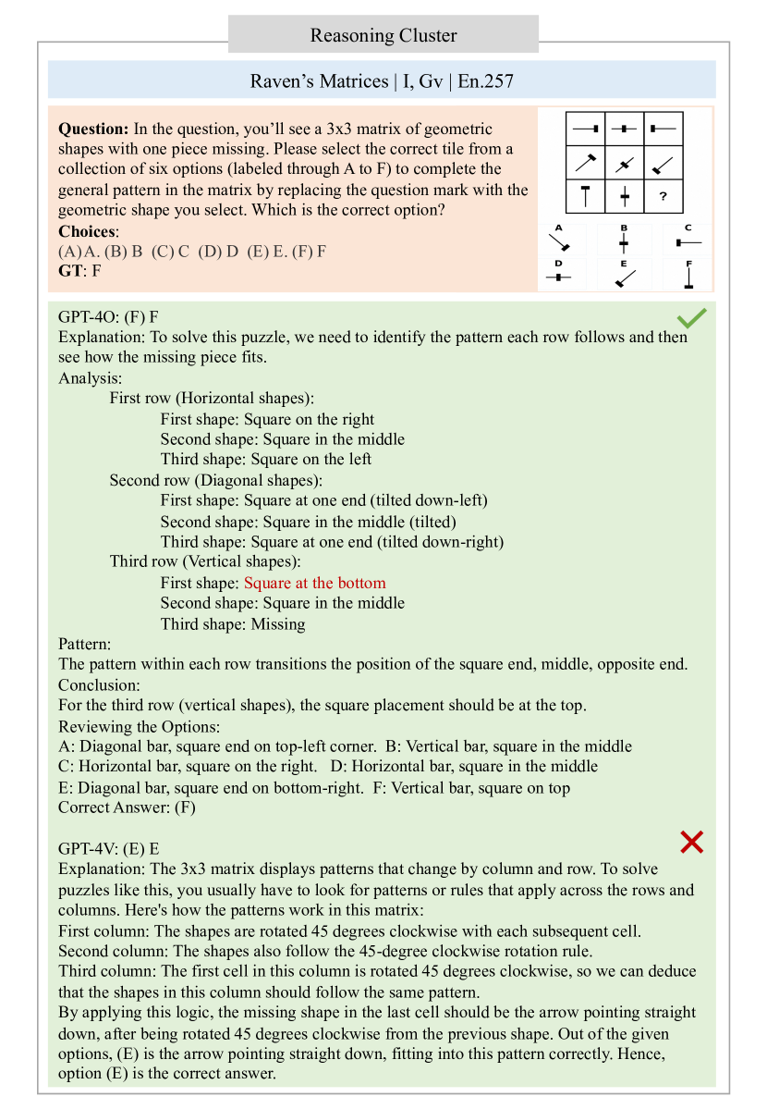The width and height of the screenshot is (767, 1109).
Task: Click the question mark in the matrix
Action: pos(663,196)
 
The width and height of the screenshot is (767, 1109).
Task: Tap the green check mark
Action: pos(692,318)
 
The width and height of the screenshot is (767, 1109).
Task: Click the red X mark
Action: pos(692,841)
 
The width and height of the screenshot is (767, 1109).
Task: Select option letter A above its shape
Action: pos(559,228)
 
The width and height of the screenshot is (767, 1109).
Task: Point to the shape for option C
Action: pos(688,242)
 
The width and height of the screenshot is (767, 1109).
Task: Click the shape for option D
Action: pos(559,277)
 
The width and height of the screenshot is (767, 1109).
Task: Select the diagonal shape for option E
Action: pos(625,277)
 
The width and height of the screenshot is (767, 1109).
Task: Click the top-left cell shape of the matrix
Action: pos(586,129)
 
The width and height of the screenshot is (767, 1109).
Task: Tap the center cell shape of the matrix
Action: pos(625,164)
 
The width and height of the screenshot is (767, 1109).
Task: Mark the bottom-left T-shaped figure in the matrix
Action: pos(586,196)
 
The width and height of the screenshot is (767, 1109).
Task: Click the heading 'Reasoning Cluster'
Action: pos(383,36)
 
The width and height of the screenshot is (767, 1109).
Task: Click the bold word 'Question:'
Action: pos(93,129)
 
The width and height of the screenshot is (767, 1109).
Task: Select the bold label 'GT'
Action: pos(69,271)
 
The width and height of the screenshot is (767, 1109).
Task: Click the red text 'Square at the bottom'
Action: pos(314,583)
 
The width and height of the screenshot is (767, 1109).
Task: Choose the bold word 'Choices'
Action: pos(87,231)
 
